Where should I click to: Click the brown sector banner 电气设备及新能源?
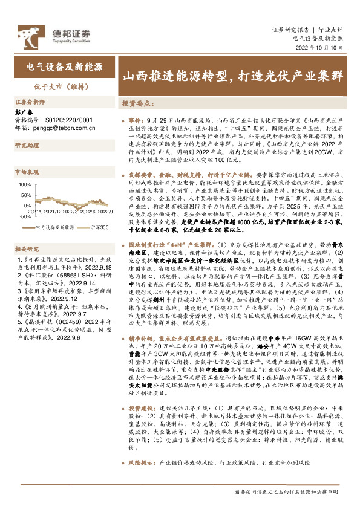pos(64,66)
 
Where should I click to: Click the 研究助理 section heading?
pos(27,146)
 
